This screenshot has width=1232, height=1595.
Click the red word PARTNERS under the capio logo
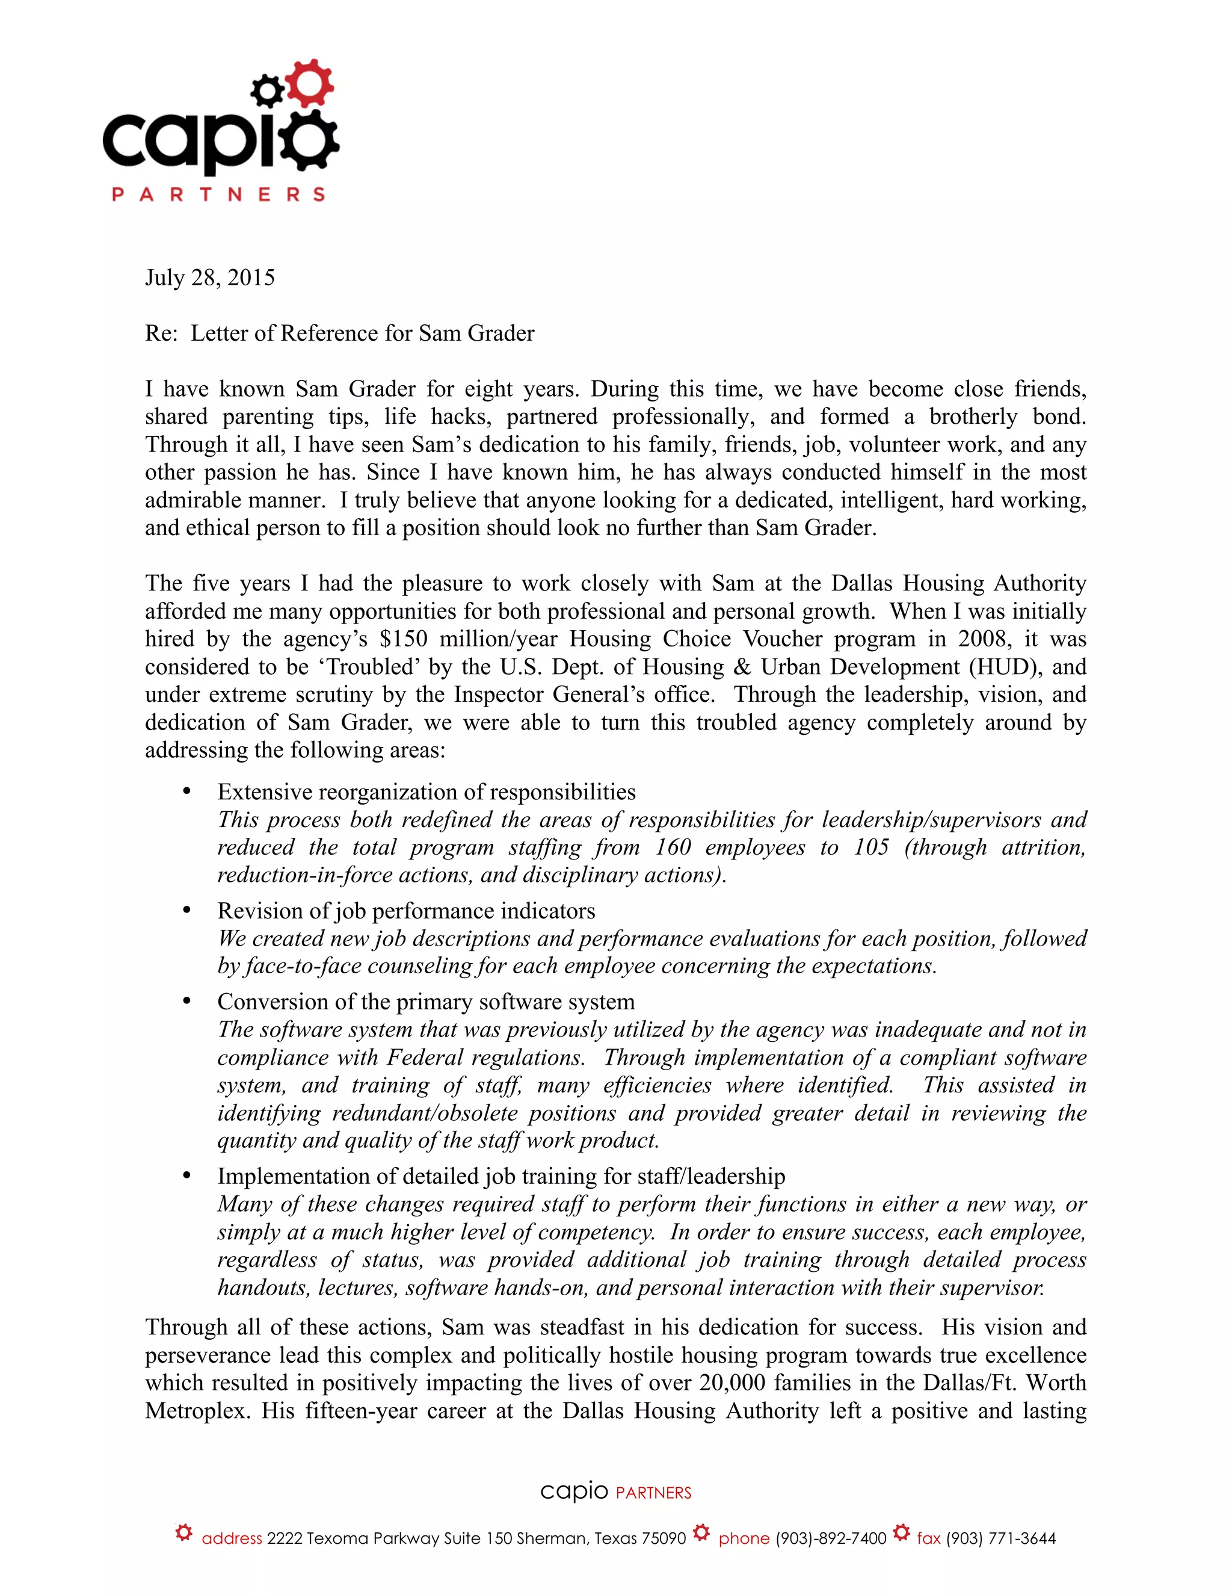pyautogui.click(x=218, y=194)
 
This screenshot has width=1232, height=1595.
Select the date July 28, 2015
pyautogui.click(x=209, y=277)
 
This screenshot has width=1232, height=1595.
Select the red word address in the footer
pyautogui.click(x=232, y=1538)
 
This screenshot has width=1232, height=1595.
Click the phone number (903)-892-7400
pyautogui.click(x=831, y=1538)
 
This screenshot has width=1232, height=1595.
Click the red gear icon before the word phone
pyautogui.click(x=701, y=1532)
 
